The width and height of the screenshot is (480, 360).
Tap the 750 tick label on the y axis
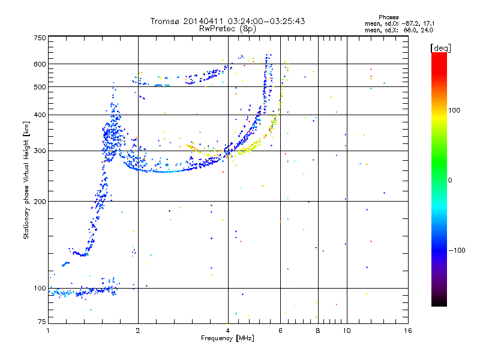[40, 38]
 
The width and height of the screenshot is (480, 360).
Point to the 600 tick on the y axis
[40, 64]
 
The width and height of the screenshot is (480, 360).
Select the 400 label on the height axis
[40, 115]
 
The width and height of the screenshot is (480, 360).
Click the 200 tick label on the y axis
[40, 202]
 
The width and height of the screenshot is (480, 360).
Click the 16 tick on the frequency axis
[407, 331]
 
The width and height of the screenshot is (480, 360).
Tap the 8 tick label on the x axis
[318, 331]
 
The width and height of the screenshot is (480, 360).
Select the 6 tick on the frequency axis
[281, 331]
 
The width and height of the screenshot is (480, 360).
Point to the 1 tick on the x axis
[48, 331]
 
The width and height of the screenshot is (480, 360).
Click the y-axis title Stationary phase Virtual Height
[26, 180]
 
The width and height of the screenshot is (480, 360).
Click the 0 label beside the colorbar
[451, 181]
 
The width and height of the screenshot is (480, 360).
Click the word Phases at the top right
[389, 17]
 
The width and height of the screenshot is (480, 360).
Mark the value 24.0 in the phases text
[427, 29]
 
